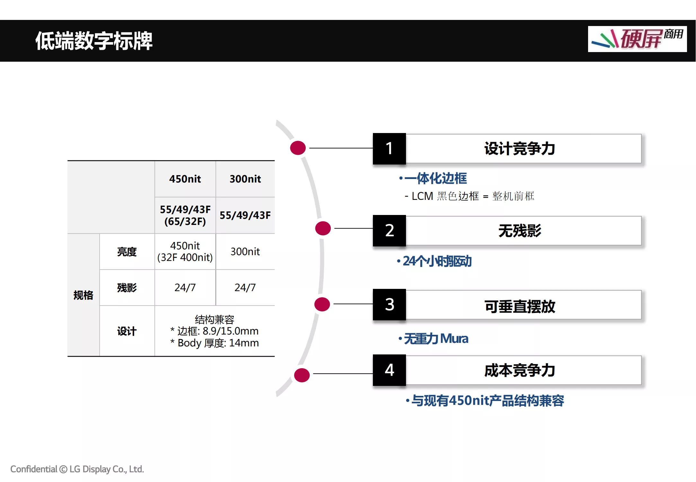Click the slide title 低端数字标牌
[x=94, y=41]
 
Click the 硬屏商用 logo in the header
[x=637, y=39]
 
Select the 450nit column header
[x=185, y=179]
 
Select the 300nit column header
[x=245, y=179]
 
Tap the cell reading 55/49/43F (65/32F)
[x=185, y=215]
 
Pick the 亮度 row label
[x=127, y=252]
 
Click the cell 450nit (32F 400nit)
[x=185, y=251]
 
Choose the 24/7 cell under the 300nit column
[x=245, y=287]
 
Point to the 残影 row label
[x=127, y=288]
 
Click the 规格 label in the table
[x=83, y=295]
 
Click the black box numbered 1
[x=389, y=148]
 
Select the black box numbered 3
[x=389, y=304]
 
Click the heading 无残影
[x=520, y=231]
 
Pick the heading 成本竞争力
[x=520, y=370]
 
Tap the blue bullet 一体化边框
[x=433, y=178]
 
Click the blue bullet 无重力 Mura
[x=433, y=339]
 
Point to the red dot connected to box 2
[x=323, y=228]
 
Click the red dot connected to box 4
[x=302, y=375]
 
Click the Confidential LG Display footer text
[x=77, y=469]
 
